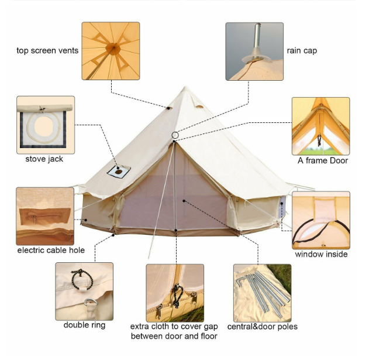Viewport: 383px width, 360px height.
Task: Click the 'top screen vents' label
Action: (x=47, y=50)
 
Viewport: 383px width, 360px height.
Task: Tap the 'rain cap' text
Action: (x=302, y=50)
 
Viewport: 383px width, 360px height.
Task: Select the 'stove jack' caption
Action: (x=44, y=159)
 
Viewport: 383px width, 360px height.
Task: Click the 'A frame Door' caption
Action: (x=323, y=160)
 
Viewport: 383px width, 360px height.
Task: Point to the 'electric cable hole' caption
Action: (x=51, y=250)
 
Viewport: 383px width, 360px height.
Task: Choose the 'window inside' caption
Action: (x=321, y=254)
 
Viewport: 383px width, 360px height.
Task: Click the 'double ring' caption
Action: (x=85, y=325)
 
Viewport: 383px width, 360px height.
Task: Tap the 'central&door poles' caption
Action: (x=263, y=327)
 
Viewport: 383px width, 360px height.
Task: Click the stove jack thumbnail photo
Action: (x=46, y=125)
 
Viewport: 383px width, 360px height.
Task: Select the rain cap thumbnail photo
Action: (x=254, y=52)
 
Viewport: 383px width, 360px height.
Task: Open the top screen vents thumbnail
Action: (x=111, y=51)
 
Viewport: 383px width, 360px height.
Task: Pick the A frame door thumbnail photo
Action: (x=321, y=126)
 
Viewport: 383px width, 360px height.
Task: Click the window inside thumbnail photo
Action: (x=321, y=220)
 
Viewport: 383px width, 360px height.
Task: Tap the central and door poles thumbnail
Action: (x=263, y=293)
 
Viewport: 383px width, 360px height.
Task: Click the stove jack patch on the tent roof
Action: (x=119, y=172)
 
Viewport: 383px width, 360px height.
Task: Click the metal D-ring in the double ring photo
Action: (x=91, y=303)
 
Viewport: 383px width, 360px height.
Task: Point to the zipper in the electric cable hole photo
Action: (x=43, y=216)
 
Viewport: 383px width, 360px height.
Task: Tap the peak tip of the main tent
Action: (x=185, y=87)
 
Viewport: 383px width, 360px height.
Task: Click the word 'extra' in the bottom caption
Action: (x=140, y=327)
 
